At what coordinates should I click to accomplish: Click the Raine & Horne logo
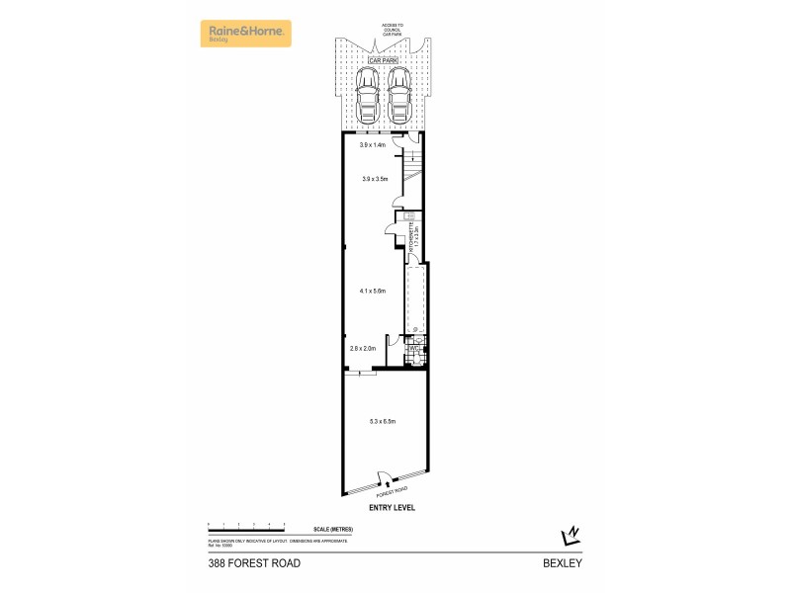pos(246,34)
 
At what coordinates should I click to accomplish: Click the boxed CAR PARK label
pos(383,60)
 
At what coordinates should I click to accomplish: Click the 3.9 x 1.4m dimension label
pos(373,145)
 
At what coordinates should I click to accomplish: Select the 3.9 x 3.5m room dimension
pos(374,179)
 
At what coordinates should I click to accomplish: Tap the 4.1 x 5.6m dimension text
pos(373,291)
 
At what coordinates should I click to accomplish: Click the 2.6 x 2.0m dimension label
pos(363,348)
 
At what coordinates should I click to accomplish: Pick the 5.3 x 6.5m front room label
pos(383,422)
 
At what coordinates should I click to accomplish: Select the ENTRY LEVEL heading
pos(393,507)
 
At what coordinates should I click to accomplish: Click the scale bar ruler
pos(246,525)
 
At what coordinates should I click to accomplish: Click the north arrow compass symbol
pos(570,535)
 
